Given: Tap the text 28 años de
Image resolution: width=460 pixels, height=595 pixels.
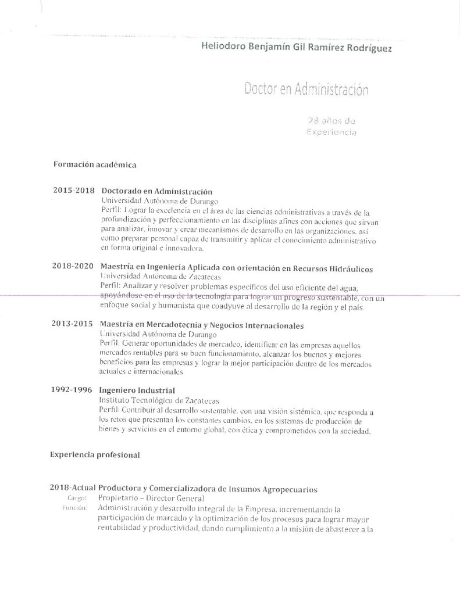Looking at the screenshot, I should pos(331,121).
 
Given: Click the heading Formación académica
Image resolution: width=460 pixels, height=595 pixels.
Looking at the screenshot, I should pos(95,164).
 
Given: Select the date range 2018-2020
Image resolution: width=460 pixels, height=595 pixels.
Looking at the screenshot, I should pos(73,266).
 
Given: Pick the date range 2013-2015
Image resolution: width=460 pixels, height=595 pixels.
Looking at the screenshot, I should pos(73,324).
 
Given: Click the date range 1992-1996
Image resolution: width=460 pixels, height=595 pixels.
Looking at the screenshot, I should pos(72,389).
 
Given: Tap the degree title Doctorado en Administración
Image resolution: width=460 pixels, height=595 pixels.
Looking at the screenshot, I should pos(156,191).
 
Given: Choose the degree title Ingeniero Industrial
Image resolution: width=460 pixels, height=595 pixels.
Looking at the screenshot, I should pos(137,390).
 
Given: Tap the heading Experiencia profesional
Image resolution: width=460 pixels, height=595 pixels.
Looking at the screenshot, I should pos(95,455).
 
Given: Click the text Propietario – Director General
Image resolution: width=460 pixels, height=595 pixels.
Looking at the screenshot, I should pos(152,499).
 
